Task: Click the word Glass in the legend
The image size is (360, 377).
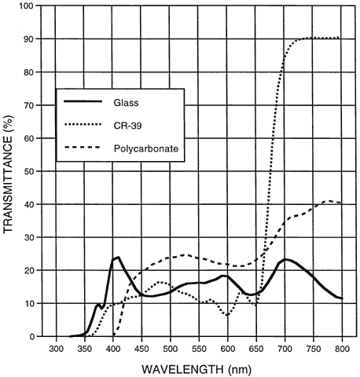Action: pos(126,103)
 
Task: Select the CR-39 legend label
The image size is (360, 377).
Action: pos(127,126)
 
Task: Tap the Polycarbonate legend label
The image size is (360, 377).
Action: pos(146,148)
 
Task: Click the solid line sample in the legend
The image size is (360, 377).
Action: pos(83,101)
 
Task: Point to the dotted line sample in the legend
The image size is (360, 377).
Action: pos(83,124)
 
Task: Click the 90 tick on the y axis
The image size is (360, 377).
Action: pos(29,39)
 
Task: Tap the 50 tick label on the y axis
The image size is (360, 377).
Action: pos(29,171)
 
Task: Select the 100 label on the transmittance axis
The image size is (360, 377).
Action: pos(27,5)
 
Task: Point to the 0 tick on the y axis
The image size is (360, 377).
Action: pos(31,336)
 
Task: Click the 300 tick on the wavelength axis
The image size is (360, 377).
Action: pos(56,350)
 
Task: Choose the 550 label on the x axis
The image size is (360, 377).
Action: pos(199,350)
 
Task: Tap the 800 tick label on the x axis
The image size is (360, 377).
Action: pos(342,350)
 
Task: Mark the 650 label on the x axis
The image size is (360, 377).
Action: pos(256,350)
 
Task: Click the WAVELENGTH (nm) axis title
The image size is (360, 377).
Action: pos(197,370)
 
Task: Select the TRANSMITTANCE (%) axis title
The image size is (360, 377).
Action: pos(8,174)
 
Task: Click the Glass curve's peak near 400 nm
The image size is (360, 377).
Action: pos(118,258)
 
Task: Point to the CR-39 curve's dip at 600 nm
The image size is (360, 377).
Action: pos(227,315)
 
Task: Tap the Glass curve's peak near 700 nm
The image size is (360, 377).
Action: pos(285,259)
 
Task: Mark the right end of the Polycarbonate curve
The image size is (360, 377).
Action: pos(341,203)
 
